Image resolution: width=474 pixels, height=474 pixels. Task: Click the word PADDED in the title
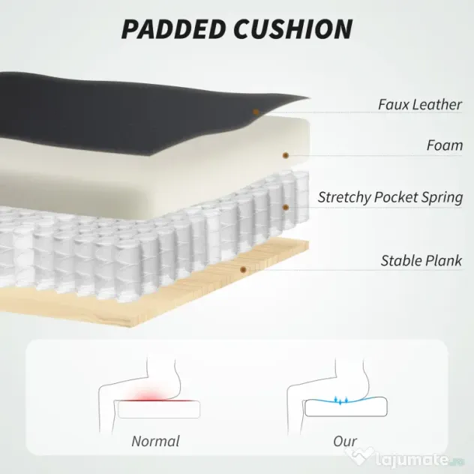174,29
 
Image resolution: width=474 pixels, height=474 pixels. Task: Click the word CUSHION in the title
293,29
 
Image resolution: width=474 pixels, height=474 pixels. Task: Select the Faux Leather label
420,104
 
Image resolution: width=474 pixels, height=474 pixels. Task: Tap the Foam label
445,145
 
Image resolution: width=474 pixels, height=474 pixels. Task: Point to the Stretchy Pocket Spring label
390,198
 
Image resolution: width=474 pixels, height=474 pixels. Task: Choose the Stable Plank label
421,260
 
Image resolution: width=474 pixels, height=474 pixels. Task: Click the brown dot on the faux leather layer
256,112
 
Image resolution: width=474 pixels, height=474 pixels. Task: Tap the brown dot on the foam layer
286,155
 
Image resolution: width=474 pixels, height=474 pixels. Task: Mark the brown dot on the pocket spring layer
286,207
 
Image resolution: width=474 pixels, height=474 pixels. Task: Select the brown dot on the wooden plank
243,270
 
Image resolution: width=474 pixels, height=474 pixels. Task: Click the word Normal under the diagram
156,441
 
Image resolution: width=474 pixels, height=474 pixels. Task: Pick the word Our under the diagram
345,441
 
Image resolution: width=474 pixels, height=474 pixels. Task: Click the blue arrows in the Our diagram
341,400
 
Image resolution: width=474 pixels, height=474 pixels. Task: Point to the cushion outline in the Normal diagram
159,418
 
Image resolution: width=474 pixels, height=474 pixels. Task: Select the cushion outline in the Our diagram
346,416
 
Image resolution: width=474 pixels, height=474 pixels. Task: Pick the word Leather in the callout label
436,104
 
